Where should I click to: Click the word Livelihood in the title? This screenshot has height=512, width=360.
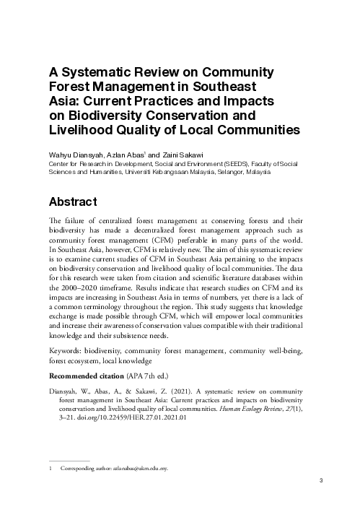pyautogui.click(x=82, y=131)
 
